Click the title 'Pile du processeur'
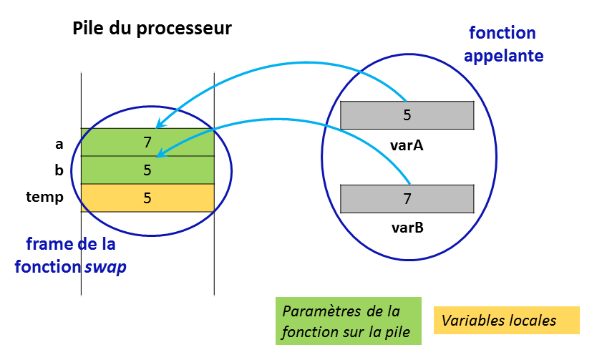[152, 29]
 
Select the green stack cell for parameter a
[147, 142]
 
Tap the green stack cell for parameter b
[147, 170]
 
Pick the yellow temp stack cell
[147, 198]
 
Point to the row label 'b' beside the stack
[59, 170]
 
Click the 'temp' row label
[44, 197]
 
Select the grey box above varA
[407, 115]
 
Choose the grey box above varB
[407, 199]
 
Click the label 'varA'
[407, 145]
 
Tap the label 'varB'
[407, 228]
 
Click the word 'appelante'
[503, 56]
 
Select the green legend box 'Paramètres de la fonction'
[349, 321]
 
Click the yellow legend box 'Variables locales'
[505, 321]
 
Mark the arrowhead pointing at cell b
[159, 153]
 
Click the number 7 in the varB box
[407, 199]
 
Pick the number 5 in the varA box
[407, 115]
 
